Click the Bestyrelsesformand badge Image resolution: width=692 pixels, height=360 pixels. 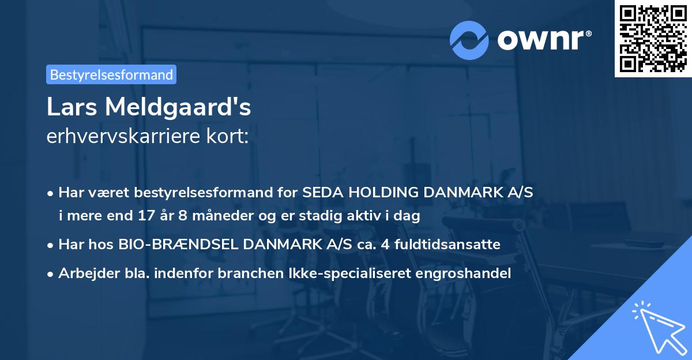click(x=111, y=74)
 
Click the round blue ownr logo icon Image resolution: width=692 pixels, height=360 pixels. click(x=469, y=40)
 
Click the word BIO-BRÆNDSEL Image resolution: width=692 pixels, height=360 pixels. click(x=179, y=245)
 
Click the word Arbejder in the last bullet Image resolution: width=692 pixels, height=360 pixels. click(x=84, y=273)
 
